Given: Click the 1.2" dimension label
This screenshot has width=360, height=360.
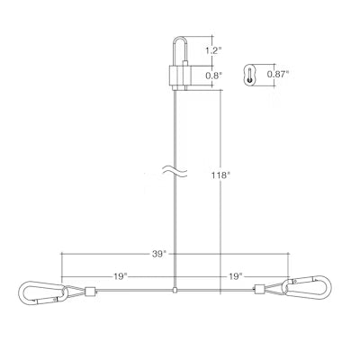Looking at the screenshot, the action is pos(213,50).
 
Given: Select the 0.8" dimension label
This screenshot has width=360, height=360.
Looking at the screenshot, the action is pos(214,76).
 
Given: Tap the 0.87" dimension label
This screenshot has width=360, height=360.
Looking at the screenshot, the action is pos(278,74).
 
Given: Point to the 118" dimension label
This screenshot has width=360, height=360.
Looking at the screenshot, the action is pos(220,175).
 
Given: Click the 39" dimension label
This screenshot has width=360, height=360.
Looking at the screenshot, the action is pos(159,254).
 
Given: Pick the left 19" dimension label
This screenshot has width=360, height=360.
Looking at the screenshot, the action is pos(121,276).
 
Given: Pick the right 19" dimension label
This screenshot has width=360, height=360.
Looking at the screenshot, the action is pos(236,276).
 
